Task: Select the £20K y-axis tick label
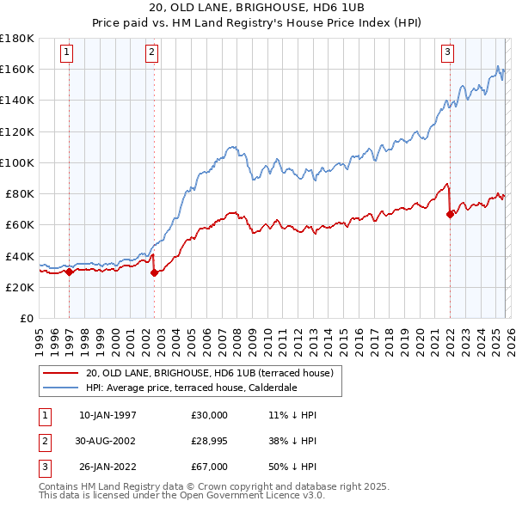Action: (x=20, y=288)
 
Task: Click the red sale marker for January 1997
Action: (x=69, y=272)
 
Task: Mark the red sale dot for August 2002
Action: (x=154, y=273)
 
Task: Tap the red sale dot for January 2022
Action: (x=450, y=214)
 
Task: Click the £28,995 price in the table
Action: (x=210, y=440)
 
